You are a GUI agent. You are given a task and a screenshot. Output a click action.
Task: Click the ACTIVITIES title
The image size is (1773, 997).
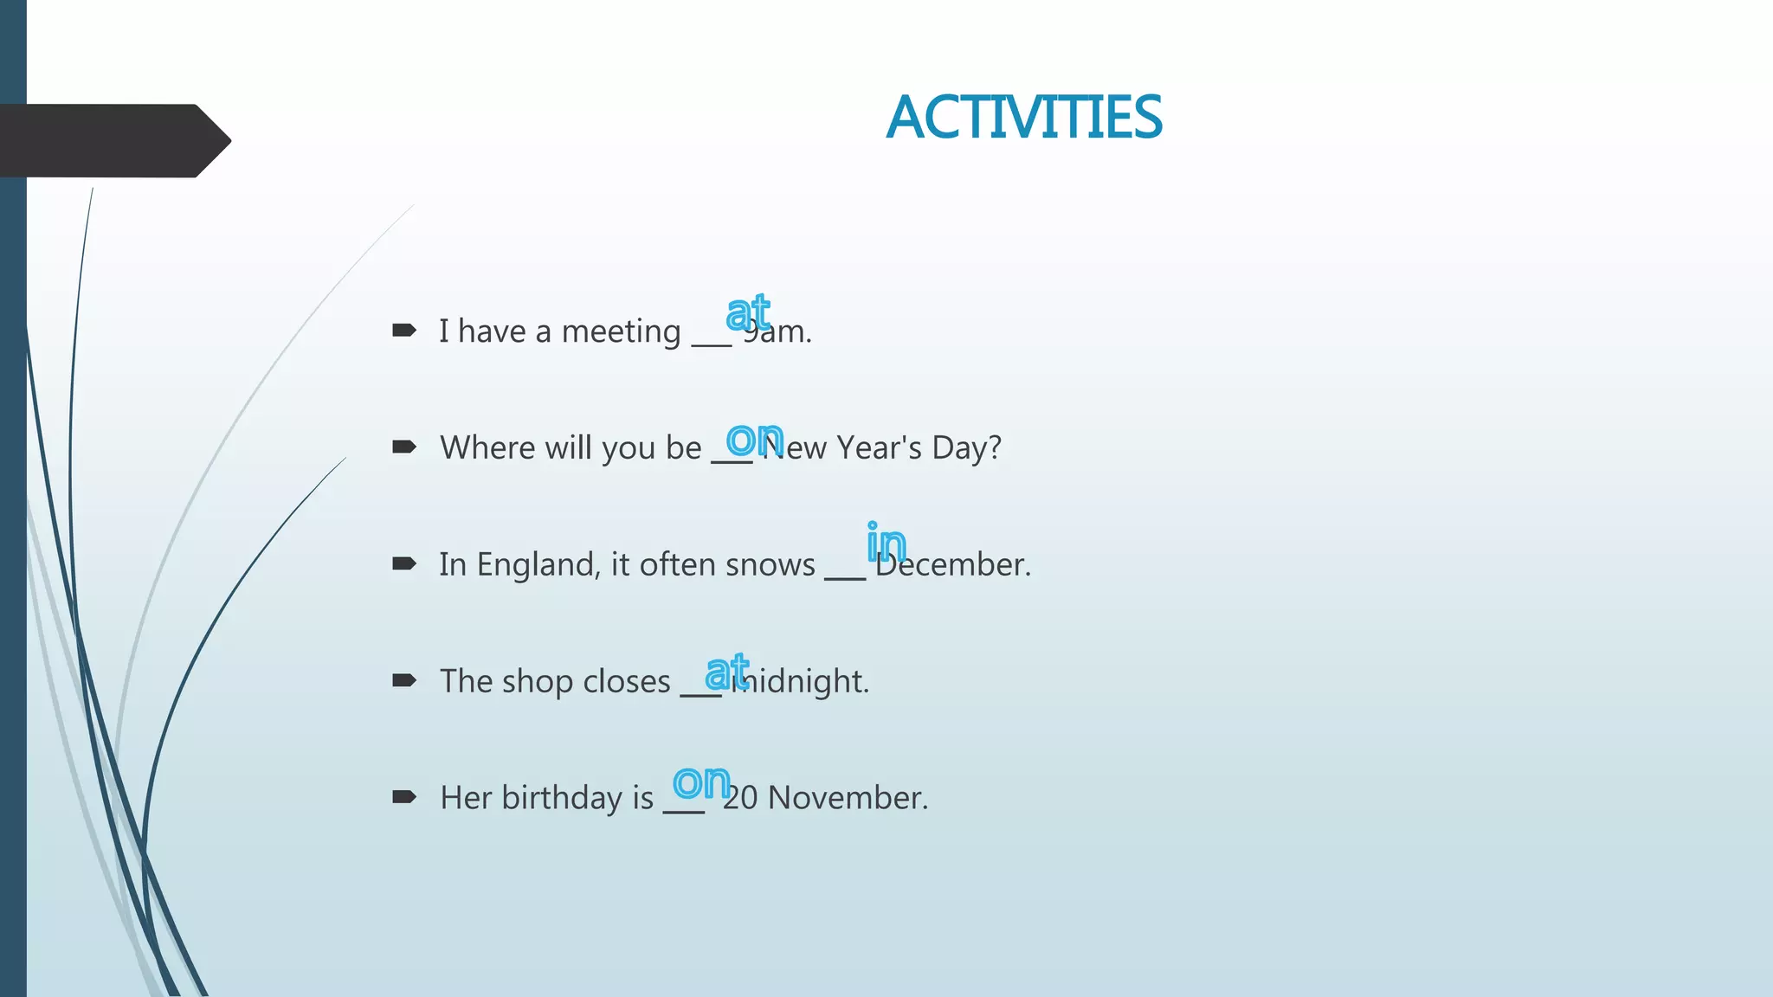tap(1024, 118)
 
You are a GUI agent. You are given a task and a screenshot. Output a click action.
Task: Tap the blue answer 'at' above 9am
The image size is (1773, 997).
tap(748, 312)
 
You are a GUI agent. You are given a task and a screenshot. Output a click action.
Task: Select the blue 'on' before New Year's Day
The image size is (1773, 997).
tap(754, 440)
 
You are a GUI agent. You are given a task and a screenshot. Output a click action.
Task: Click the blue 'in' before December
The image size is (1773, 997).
tap(886, 544)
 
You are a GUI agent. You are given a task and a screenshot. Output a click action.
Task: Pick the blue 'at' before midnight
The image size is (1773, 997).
tap(726, 672)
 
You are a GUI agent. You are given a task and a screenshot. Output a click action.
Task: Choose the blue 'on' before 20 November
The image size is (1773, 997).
tap(701, 782)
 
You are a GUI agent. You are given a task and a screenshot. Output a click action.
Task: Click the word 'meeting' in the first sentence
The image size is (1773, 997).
tap(621, 331)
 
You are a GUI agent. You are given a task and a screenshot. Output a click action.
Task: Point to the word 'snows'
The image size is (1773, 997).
tap(770, 564)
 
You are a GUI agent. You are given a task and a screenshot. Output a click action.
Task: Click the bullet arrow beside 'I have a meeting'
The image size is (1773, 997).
tap(404, 330)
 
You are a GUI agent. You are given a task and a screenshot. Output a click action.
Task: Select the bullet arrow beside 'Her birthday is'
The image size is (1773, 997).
tap(404, 797)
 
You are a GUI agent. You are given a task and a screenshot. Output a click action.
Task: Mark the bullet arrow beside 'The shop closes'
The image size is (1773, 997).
tap(404, 680)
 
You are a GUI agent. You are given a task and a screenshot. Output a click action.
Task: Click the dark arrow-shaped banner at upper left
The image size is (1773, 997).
tap(113, 140)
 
